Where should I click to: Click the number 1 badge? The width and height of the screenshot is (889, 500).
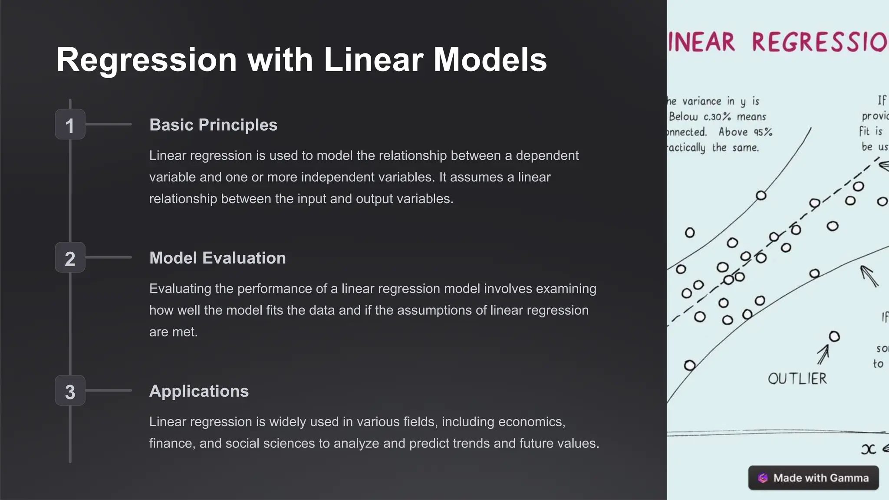click(x=70, y=125)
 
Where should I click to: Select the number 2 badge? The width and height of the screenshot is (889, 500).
click(x=70, y=258)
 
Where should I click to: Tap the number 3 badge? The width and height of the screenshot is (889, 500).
click(x=70, y=391)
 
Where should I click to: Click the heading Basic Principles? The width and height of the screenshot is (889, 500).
click(x=213, y=125)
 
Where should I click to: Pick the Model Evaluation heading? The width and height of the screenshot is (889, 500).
click(x=217, y=258)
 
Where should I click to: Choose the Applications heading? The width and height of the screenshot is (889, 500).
click(x=199, y=391)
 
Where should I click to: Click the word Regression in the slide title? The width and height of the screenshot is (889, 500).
click(x=146, y=59)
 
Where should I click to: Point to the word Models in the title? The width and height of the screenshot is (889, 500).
click(x=490, y=59)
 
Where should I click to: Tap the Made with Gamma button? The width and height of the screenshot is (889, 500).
click(x=813, y=478)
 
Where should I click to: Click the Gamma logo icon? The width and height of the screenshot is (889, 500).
click(x=763, y=478)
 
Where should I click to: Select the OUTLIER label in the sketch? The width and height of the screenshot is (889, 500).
click(x=797, y=379)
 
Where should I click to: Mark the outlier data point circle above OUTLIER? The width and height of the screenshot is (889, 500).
click(x=834, y=336)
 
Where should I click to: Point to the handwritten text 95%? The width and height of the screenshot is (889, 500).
click(x=763, y=132)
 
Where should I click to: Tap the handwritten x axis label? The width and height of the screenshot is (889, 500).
click(x=868, y=449)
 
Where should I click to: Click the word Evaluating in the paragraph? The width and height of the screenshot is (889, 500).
click(x=180, y=289)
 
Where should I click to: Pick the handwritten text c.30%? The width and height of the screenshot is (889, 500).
click(x=717, y=117)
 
